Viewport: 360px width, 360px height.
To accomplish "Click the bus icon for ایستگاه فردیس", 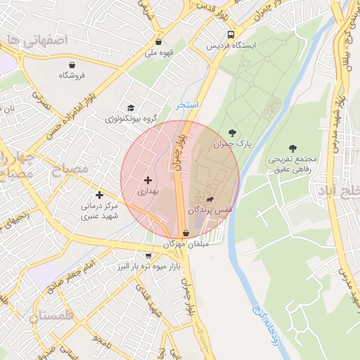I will (231, 34).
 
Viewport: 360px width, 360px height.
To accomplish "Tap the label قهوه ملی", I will (158, 52).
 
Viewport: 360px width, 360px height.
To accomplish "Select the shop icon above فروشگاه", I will (72, 64).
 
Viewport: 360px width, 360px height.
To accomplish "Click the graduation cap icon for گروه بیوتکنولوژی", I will (131, 108).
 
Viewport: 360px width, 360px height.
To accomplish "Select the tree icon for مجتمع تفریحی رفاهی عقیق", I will (292, 148).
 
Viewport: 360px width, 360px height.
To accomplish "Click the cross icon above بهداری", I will (148, 181).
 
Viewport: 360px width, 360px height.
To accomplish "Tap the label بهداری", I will (148, 191).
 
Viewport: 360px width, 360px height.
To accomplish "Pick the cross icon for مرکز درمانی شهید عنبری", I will (99, 194).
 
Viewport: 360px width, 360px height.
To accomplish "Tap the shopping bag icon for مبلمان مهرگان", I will (186, 233).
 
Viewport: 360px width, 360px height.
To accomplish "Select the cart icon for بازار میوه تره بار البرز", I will (148, 256).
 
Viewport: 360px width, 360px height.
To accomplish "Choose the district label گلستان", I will (52, 317).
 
